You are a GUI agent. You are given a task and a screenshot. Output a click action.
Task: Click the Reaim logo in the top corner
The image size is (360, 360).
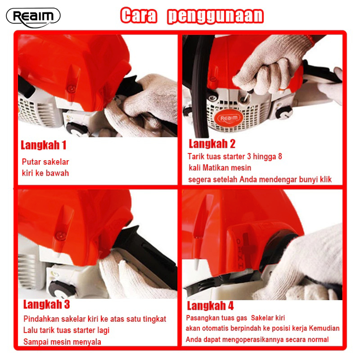[33, 18]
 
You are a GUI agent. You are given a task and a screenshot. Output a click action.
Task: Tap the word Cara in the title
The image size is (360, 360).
[139, 15]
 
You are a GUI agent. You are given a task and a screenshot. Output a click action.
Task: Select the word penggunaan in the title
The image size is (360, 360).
[216, 16]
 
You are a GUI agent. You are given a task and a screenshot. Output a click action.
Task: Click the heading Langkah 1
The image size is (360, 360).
[43, 145]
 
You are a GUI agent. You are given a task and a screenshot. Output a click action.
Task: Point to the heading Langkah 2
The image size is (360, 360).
[212, 144]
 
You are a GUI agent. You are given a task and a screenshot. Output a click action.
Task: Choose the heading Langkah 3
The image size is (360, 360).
[46, 304]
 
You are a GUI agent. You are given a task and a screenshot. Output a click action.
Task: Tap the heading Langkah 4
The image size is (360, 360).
[210, 306]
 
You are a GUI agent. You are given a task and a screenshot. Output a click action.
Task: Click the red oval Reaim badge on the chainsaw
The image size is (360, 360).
[229, 118]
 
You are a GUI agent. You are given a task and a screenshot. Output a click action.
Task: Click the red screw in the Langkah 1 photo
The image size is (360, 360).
[71, 88]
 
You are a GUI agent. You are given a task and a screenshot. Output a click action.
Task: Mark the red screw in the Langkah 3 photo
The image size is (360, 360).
[61, 235]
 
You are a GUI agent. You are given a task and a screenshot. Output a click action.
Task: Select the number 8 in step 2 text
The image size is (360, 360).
[280, 156]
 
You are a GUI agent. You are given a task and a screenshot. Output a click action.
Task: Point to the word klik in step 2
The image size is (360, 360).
[325, 179]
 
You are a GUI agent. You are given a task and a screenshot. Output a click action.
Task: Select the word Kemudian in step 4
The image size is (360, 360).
[324, 328]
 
